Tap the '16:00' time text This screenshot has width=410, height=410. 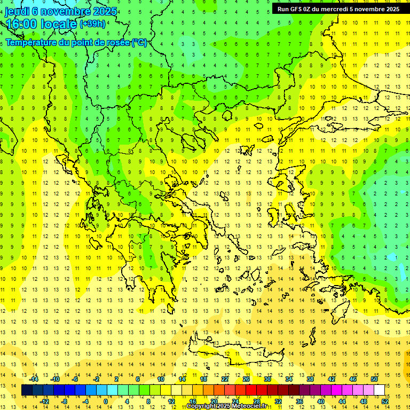point(20,24)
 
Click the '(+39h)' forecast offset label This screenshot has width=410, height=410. point(92,24)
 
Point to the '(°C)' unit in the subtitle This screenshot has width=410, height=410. point(139,42)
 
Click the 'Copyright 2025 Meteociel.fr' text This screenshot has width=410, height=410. point(226,406)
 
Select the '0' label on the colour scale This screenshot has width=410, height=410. point(106,401)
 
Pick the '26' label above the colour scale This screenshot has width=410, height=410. point(246,379)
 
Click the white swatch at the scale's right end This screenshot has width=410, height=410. point(380,390)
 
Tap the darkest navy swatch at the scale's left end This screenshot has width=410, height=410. point(27,390)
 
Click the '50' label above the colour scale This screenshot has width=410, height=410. point(374,379)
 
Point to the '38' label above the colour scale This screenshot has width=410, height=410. point(310,379)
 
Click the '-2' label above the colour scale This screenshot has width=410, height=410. point(97,379)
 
